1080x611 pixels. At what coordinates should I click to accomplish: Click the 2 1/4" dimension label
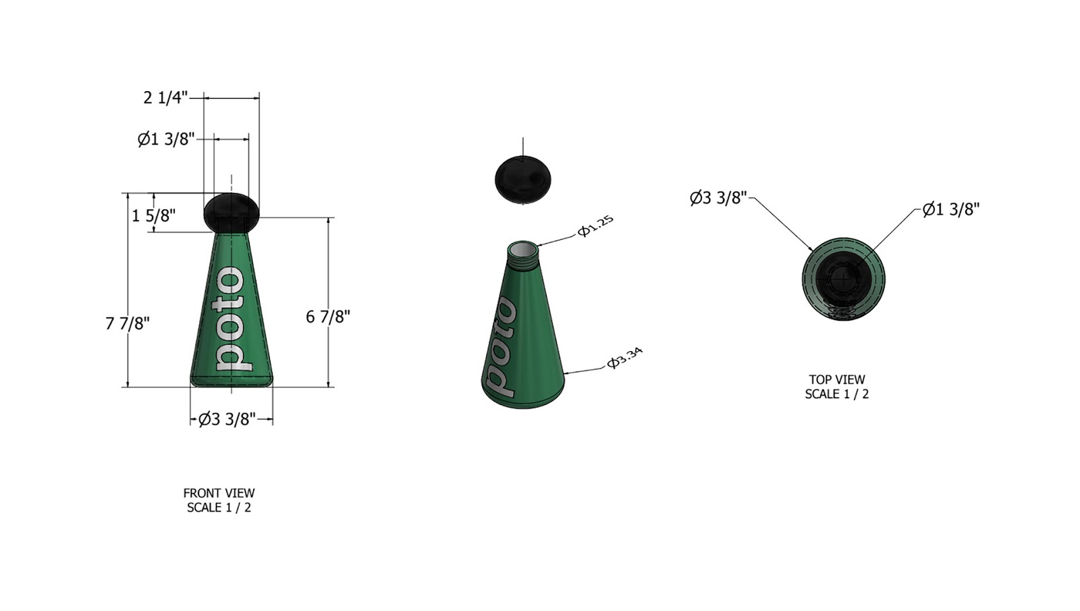pos(165,98)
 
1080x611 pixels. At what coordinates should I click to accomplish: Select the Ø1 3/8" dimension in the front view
pos(166,139)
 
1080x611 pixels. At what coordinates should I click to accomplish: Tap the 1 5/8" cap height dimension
pos(153,215)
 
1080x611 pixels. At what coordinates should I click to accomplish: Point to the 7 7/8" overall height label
pos(128,323)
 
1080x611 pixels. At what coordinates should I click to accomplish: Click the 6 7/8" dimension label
pos(328,317)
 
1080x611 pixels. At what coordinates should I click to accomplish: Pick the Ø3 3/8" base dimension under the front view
pos(227,419)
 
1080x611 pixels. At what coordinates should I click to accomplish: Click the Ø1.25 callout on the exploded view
pos(595,225)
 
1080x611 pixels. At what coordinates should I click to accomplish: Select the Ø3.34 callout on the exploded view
pos(624,358)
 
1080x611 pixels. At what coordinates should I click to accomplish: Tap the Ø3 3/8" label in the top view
pos(718,198)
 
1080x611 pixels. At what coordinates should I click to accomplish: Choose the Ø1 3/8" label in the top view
pos(951,209)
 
